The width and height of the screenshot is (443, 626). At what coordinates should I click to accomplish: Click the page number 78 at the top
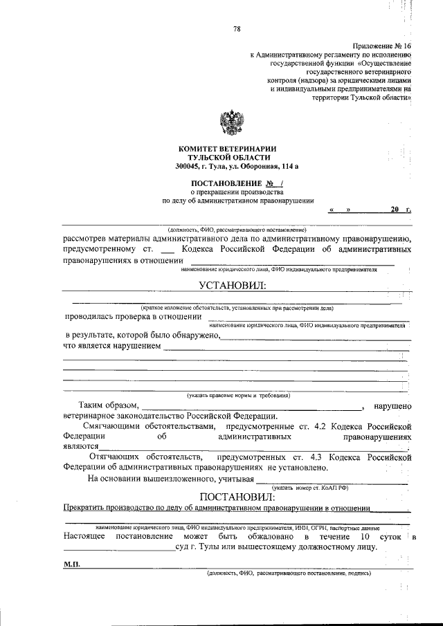(x=237, y=28)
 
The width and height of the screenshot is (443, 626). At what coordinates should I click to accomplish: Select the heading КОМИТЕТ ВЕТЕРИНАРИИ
(x=228, y=148)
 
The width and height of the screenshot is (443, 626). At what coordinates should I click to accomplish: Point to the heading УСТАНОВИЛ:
(x=232, y=286)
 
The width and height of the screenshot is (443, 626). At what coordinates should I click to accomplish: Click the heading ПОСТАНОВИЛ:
(x=237, y=496)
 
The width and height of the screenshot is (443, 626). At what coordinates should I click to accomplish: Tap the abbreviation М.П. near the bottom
(x=72, y=564)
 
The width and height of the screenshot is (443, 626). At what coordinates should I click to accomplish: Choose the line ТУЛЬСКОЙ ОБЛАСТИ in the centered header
(x=228, y=157)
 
